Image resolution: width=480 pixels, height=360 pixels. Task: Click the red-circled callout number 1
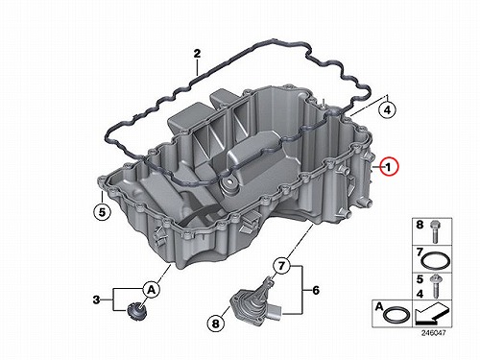(388, 167)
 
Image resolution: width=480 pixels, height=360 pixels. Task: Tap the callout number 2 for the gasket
(197, 54)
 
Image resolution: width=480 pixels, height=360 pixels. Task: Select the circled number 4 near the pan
(387, 110)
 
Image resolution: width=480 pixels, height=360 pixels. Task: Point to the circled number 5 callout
(102, 212)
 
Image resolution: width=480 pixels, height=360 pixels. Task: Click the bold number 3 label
(96, 300)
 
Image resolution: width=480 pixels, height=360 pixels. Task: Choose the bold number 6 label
(316, 290)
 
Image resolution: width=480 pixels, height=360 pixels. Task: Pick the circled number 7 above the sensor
(281, 266)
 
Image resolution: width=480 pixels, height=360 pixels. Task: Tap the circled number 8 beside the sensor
(216, 324)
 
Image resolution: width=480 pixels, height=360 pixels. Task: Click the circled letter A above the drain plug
(152, 290)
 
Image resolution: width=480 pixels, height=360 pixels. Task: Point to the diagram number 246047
(433, 333)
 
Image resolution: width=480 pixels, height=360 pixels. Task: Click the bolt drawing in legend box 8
(435, 231)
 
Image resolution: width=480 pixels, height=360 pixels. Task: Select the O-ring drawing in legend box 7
(435, 261)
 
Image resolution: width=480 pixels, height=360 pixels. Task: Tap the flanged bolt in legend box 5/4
(435, 286)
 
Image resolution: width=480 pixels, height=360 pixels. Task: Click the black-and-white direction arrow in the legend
(431, 315)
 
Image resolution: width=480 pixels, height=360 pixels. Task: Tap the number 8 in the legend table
(420, 225)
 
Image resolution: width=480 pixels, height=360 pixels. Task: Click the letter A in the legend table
(379, 307)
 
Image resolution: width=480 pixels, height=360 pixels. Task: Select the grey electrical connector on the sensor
(276, 311)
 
